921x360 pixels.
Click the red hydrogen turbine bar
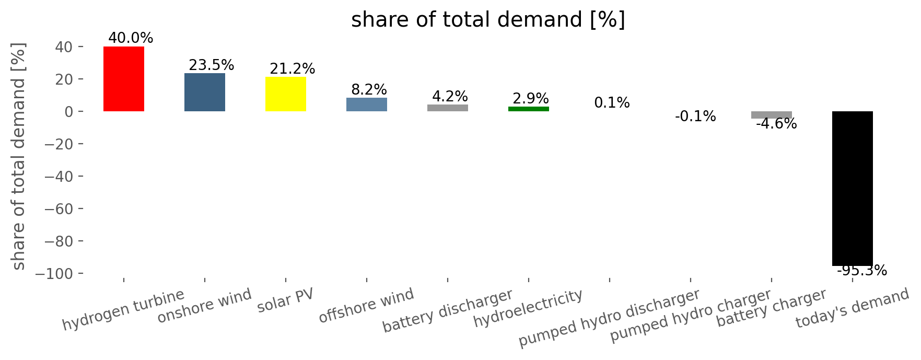pos(124,79)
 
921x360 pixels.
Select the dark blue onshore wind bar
pos(205,92)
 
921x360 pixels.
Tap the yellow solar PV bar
pos(286,94)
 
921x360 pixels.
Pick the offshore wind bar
pos(367,104)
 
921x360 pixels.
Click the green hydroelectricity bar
pos(529,109)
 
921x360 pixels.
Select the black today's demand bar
pos(853,189)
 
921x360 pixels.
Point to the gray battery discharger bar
pos(448,108)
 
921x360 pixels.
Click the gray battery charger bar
pos(772,115)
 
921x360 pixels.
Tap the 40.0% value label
pos(131,38)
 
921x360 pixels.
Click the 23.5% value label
pos(212,65)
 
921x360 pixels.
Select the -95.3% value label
pos(862,271)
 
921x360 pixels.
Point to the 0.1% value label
pos(612,103)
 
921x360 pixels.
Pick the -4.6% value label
pos(776,124)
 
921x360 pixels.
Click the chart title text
pos(488,20)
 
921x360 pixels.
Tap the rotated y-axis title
pos(19,156)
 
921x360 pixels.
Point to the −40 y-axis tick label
pos(64,176)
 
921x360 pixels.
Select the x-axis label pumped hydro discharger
pos(609,318)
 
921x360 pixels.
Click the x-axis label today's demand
pos(853,308)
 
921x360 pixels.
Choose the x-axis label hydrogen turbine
pos(123,310)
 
